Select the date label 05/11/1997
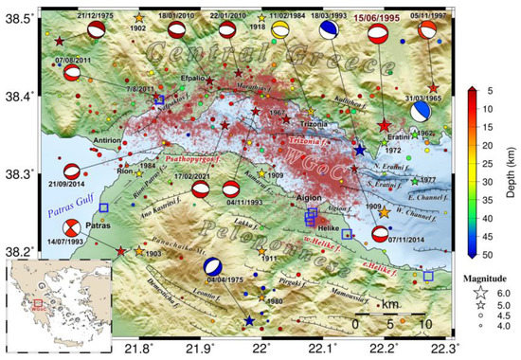click(x=431, y=17)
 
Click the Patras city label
click(x=100, y=226)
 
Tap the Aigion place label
click(x=311, y=198)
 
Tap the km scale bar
click(x=389, y=311)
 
